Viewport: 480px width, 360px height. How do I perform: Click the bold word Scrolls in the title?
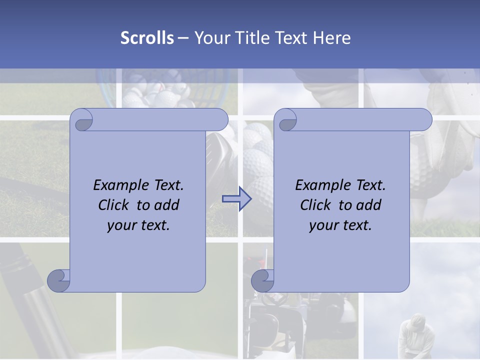(x=147, y=38)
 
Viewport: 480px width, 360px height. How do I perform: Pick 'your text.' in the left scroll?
(x=138, y=225)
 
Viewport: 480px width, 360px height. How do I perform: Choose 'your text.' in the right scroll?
(x=340, y=225)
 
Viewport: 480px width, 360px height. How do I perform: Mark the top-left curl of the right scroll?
(x=286, y=121)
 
